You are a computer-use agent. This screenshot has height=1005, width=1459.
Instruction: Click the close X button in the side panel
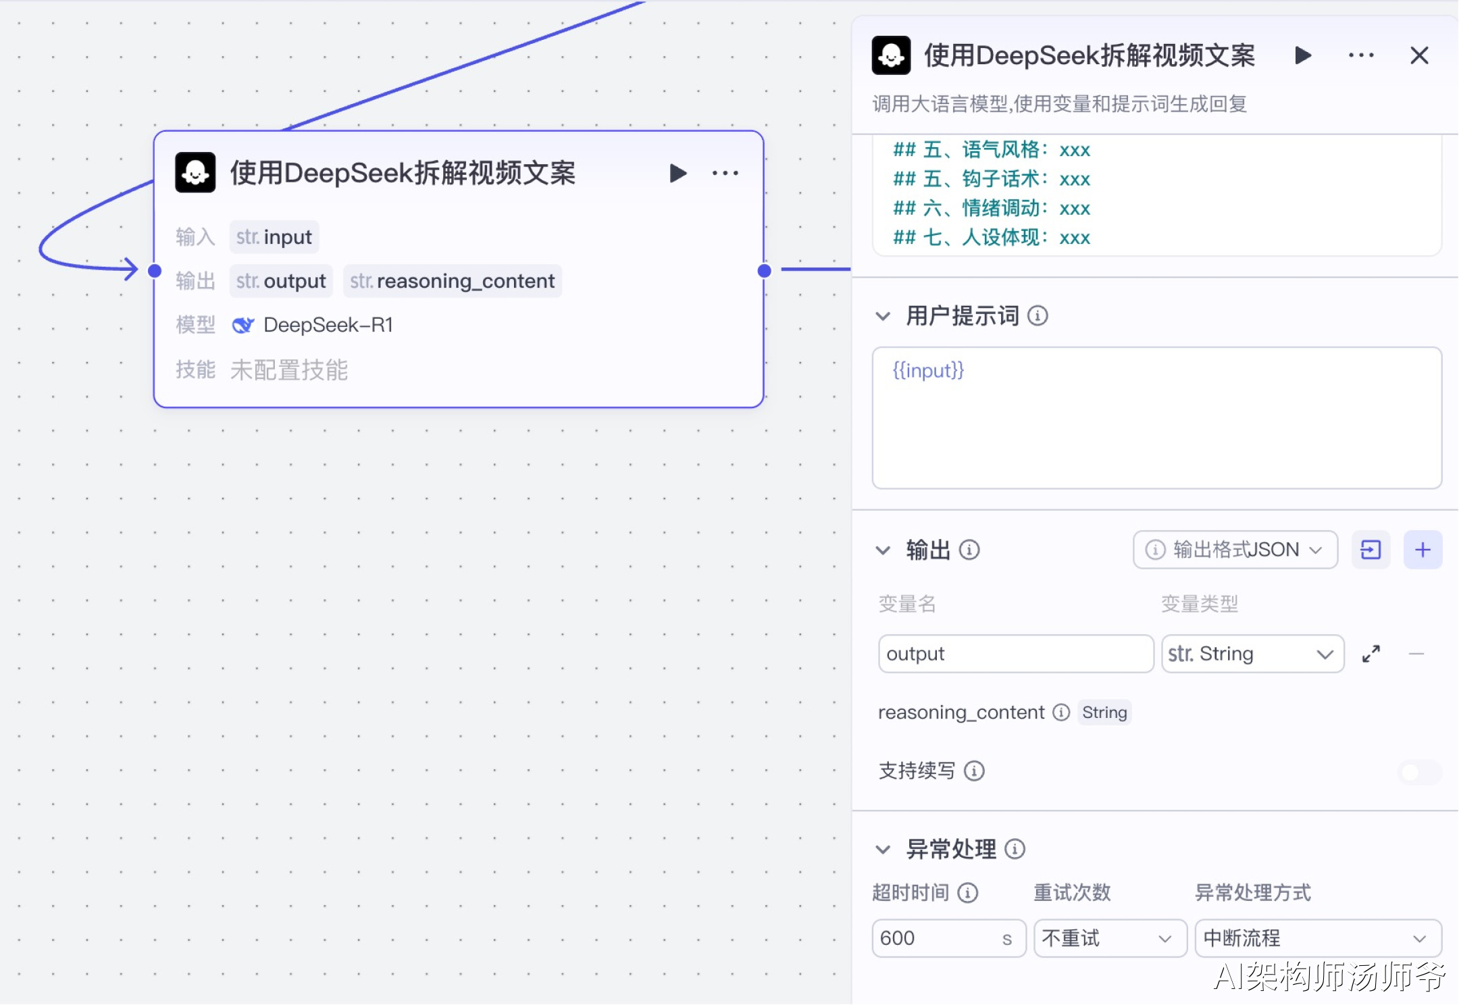pyautogui.click(x=1419, y=55)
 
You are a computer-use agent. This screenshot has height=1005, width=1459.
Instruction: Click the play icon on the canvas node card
pyautogui.click(x=678, y=174)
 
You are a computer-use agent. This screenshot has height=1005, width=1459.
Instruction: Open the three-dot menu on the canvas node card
pyautogui.click(x=725, y=174)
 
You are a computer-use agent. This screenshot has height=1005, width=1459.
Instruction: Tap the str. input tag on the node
pyautogui.click(x=274, y=237)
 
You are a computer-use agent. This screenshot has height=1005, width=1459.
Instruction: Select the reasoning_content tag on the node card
pyautogui.click(x=453, y=281)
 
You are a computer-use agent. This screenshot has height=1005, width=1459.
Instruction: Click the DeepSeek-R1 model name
pyautogui.click(x=328, y=325)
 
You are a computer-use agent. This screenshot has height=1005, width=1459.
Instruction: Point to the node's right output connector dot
pyautogui.click(x=765, y=271)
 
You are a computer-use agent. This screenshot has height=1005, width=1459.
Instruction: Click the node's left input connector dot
pyautogui.click(x=155, y=271)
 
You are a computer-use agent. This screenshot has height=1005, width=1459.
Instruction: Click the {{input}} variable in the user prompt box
pyautogui.click(x=928, y=370)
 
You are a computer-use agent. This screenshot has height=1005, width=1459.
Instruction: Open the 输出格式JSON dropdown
pyautogui.click(x=1235, y=550)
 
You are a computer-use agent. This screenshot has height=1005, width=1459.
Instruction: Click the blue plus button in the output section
pyautogui.click(x=1423, y=550)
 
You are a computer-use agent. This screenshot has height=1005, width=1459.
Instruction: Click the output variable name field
pyautogui.click(x=1015, y=654)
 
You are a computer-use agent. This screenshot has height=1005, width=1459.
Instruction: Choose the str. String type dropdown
pyautogui.click(x=1252, y=654)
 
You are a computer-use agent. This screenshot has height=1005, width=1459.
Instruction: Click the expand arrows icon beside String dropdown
pyautogui.click(x=1371, y=654)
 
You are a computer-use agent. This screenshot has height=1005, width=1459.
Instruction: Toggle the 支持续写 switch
pyautogui.click(x=1419, y=771)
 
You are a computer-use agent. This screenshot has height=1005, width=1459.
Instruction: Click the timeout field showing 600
pyautogui.click(x=949, y=938)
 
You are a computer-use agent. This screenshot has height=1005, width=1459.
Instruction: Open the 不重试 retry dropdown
pyautogui.click(x=1110, y=938)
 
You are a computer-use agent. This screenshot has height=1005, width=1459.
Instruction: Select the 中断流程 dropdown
pyautogui.click(x=1319, y=938)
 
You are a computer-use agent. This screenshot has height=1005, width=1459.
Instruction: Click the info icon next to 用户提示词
pyautogui.click(x=1038, y=315)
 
